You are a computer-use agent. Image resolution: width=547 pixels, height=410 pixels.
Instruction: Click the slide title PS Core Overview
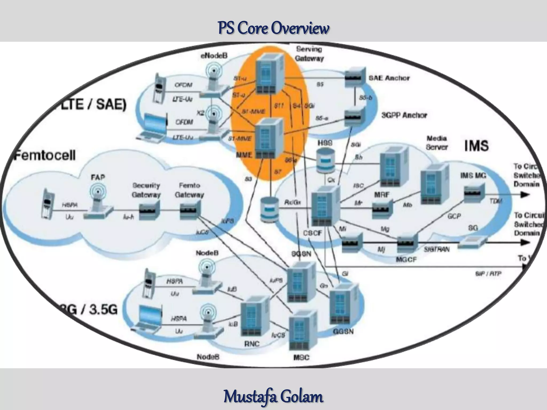point(273,28)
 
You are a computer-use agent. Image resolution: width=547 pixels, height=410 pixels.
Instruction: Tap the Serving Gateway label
point(309,54)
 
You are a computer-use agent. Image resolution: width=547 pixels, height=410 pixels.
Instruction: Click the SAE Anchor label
point(389,78)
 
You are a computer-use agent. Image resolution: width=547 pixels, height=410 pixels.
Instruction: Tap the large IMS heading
point(476,146)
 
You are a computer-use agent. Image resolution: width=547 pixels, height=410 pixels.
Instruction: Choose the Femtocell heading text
point(45,155)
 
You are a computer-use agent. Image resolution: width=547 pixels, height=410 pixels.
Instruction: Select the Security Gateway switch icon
point(149,210)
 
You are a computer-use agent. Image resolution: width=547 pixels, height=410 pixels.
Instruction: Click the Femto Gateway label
point(189,190)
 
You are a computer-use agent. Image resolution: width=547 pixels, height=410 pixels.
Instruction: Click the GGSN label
point(343,332)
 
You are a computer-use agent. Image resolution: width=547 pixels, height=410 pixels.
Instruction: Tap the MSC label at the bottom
point(301,357)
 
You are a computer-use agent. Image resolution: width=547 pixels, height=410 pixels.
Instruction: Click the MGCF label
point(406,259)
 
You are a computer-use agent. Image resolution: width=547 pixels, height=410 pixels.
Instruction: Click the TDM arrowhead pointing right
point(525,195)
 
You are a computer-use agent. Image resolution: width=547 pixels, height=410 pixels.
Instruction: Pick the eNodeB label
point(214,56)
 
